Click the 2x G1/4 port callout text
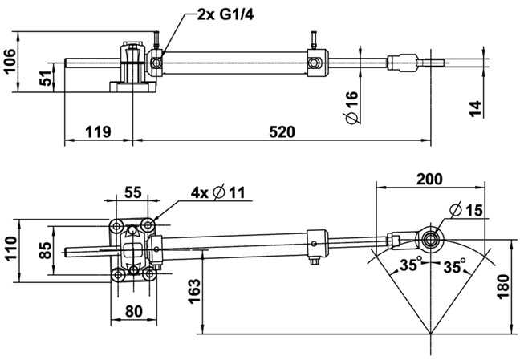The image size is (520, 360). point(225,15)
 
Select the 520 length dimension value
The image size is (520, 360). point(282,132)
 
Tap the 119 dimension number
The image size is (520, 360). point(98,132)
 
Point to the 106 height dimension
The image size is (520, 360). point(9,61)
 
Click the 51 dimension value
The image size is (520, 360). point(46,79)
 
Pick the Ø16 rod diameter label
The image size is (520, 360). point(351,107)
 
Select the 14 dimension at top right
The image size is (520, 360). point(475,109)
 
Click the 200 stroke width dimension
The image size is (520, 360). point(429,179)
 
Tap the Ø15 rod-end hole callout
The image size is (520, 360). point(466,209)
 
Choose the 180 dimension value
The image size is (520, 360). point(503,287)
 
